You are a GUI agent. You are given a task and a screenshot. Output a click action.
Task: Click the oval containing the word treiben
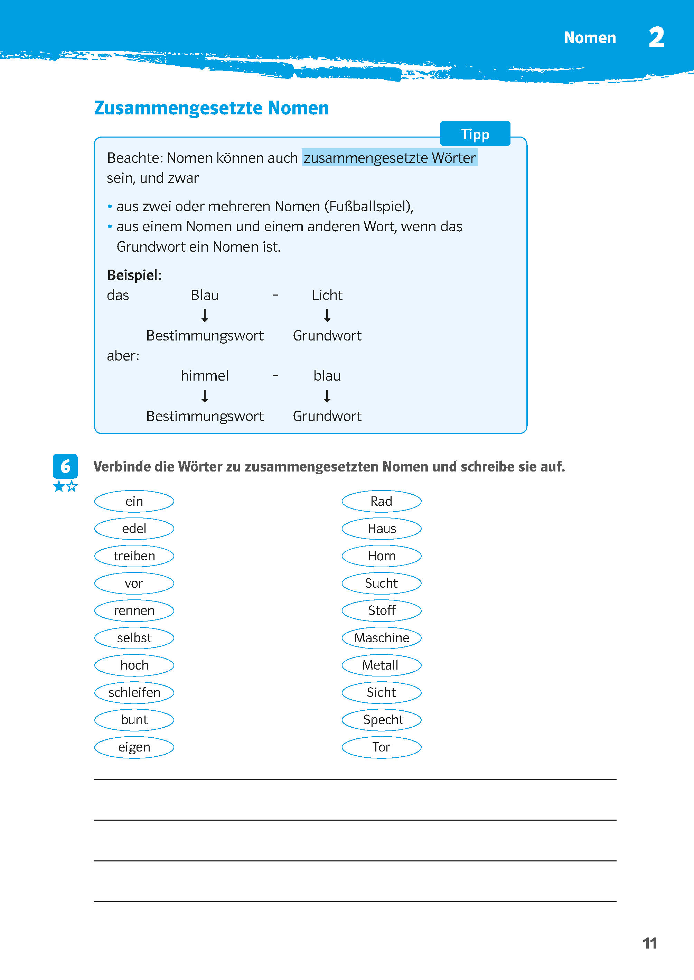pyautogui.click(x=134, y=556)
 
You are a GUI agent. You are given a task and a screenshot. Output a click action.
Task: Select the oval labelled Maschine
pyautogui.click(x=381, y=638)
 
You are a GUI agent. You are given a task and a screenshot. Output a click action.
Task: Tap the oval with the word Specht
pyautogui.click(x=381, y=720)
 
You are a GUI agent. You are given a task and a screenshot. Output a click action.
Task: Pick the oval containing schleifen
pyautogui.click(x=134, y=692)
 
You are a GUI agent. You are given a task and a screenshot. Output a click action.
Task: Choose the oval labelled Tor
pyautogui.click(x=381, y=747)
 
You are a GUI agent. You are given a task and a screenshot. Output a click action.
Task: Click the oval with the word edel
pyautogui.click(x=134, y=529)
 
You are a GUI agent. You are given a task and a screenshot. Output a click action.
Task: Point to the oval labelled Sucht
pyautogui.click(x=381, y=583)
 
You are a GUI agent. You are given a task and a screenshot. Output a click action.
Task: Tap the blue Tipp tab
pyautogui.click(x=475, y=134)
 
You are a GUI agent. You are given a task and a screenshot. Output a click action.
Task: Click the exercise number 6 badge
pyautogui.click(x=65, y=466)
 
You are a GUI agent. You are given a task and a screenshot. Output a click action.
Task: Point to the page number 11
pyautogui.click(x=649, y=943)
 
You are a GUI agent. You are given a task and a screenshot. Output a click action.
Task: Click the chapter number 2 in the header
pyautogui.click(x=656, y=38)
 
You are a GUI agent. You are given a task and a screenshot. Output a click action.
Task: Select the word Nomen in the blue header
pyautogui.click(x=590, y=38)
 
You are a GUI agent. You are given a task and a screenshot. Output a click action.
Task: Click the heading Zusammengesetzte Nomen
pyautogui.click(x=212, y=108)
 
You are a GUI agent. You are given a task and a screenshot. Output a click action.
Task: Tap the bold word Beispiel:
pyautogui.click(x=134, y=275)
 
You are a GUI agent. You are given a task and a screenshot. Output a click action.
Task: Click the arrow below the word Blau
pyautogui.click(x=205, y=315)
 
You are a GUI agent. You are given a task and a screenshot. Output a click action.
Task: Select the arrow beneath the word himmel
pyautogui.click(x=205, y=396)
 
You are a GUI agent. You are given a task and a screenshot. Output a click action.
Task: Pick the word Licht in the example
pyautogui.click(x=327, y=295)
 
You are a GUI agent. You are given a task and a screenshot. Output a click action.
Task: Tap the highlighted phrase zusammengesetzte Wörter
pyautogui.click(x=389, y=158)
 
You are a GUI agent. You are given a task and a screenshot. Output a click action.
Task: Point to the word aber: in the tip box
pyautogui.click(x=123, y=356)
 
